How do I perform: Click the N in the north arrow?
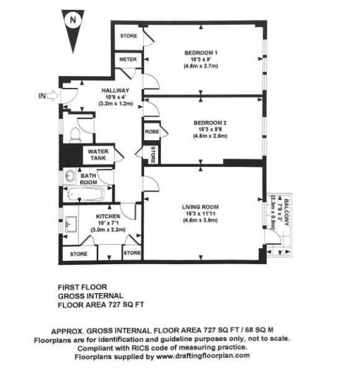(x=73, y=20)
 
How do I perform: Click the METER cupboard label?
(x=128, y=60)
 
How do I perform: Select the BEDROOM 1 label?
(x=201, y=53)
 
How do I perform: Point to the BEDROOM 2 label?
(x=210, y=123)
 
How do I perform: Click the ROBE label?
(x=151, y=132)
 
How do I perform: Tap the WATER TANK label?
(x=98, y=155)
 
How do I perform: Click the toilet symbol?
(x=75, y=135)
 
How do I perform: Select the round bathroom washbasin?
(x=71, y=176)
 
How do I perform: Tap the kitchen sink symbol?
(x=71, y=224)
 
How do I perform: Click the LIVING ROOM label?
(x=200, y=207)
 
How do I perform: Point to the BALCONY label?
(x=287, y=213)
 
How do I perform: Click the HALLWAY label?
(x=115, y=91)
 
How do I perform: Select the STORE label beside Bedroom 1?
(x=128, y=36)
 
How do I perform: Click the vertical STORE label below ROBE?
(x=153, y=155)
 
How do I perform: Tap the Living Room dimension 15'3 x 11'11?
(x=200, y=214)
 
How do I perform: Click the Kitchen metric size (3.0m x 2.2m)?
(x=108, y=230)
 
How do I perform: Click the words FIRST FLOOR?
(x=83, y=287)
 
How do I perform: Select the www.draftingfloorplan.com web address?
(x=203, y=356)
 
